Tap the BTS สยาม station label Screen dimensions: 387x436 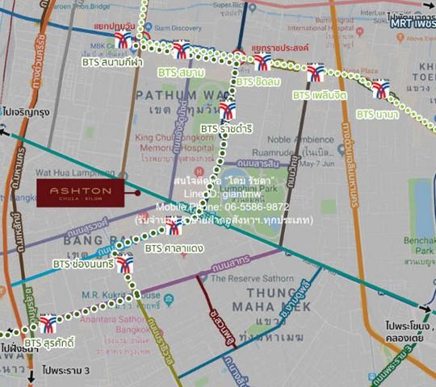tap(181, 73)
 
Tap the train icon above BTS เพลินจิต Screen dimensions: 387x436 tap(315, 73)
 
